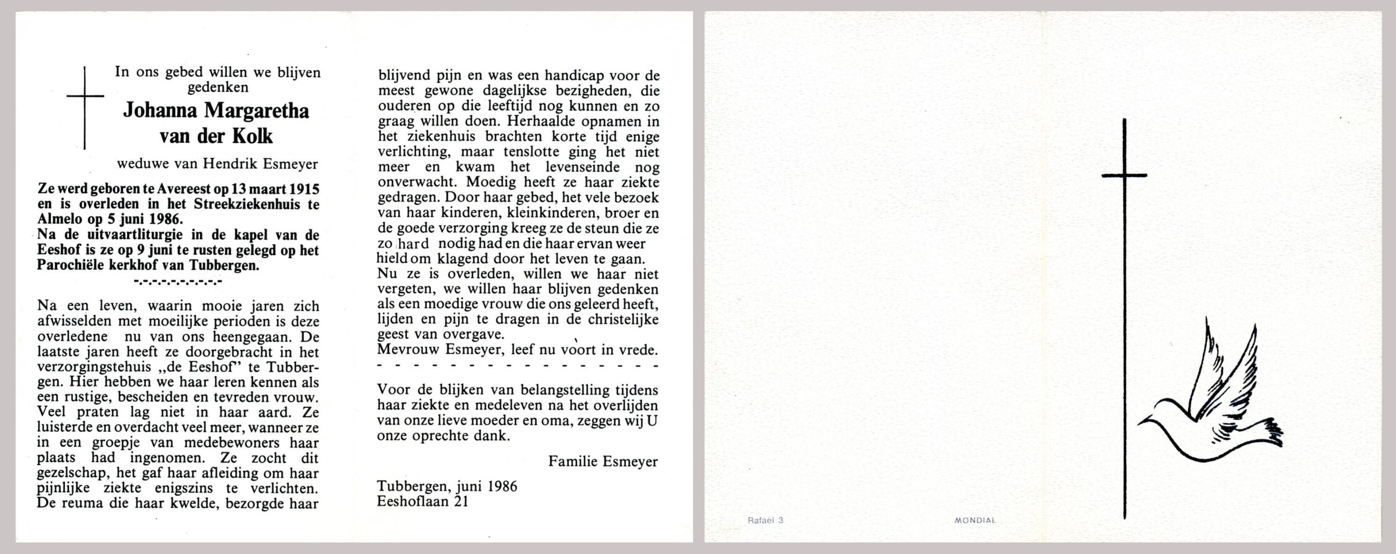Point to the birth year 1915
[x=304, y=189]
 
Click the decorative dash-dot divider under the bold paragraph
[x=178, y=281]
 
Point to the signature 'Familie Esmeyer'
[x=603, y=461]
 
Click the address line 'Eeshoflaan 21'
[x=422, y=501]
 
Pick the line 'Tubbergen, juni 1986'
[x=447, y=486]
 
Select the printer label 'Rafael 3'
[x=765, y=520]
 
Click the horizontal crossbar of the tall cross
[x=1125, y=175]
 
